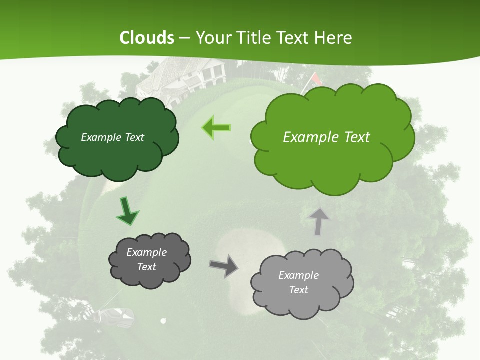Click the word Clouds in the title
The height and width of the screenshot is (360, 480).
coord(147,38)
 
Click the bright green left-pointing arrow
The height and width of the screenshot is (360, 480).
coord(216,128)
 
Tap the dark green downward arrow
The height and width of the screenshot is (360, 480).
coord(128,211)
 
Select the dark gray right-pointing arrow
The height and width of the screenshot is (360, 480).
coord(224,265)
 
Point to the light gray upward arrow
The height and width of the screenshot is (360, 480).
coord(318,221)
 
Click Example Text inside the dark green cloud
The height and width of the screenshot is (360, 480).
coord(112,137)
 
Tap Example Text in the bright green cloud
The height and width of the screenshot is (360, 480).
coord(326,137)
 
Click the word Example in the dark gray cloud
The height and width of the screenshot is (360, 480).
coord(146,252)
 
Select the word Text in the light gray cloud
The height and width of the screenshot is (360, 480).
coord(298,290)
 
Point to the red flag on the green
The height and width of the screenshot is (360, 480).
coord(316,78)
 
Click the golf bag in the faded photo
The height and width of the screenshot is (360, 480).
coord(116,315)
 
